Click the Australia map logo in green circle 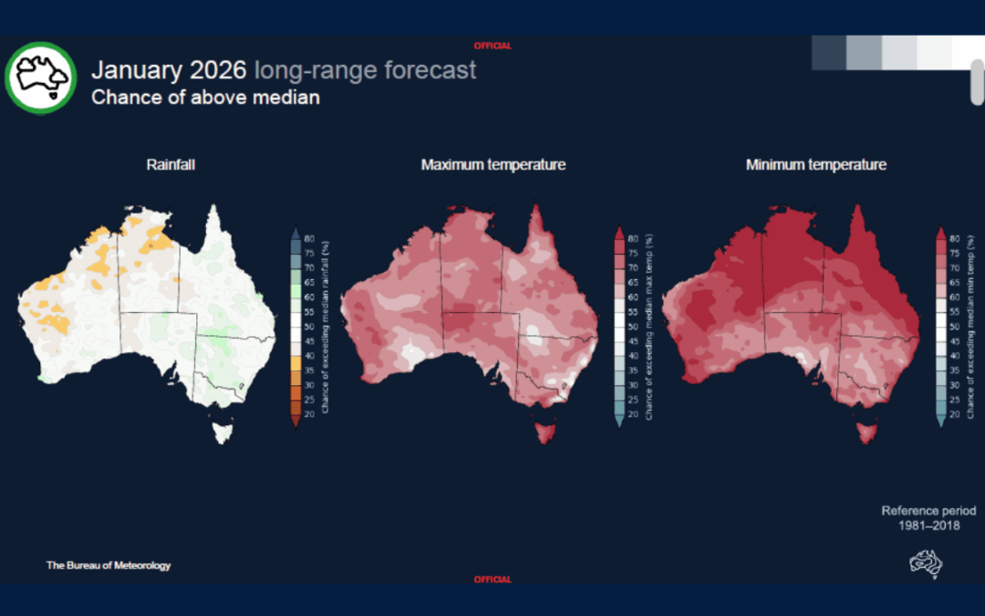coord(40,78)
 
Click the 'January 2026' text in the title coord(169,70)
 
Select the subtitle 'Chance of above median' coord(205,97)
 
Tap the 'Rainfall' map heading coord(171,165)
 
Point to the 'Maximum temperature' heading coord(493,165)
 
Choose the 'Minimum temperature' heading coord(815,165)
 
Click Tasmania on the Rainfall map coord(222,429)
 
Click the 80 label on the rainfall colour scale coord(309,238)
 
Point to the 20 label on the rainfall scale coord(309,413)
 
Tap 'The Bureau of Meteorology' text coord(109,566)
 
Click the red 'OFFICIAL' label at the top coord(493,46)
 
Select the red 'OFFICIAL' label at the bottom coord(493,579)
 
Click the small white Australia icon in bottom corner coord(925,563)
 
